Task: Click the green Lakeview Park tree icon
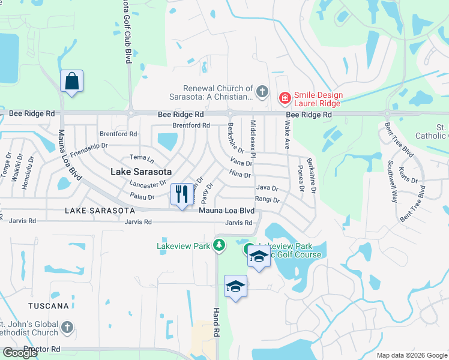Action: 220,245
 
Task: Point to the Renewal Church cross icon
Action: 261,92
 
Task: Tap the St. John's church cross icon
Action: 67,328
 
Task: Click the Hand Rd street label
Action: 217,323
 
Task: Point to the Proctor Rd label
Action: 43,349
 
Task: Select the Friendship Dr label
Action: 88,149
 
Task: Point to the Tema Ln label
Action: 142,160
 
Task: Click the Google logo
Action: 20,353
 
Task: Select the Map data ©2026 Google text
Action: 412,355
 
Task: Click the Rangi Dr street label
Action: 267,200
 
